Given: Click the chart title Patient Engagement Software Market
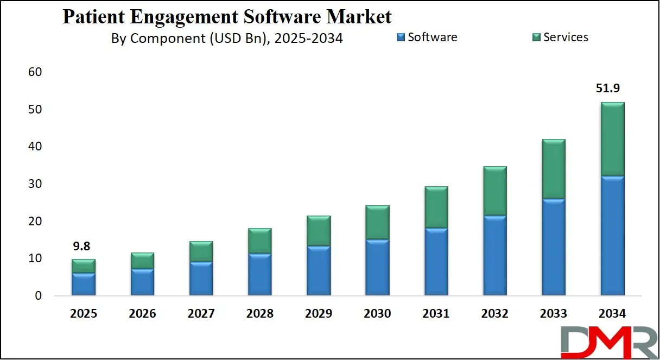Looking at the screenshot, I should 227,17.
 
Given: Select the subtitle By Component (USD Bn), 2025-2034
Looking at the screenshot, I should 227,38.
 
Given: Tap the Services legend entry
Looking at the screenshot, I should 560,37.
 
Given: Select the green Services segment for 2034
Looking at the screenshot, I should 613,139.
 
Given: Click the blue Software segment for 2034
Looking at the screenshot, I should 613,236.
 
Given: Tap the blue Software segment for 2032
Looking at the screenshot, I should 495,256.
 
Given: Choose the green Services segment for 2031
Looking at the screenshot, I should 436,207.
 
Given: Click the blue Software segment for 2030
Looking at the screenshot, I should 377,268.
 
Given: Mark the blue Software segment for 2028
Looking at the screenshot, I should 260,275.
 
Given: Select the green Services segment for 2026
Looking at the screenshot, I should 142,261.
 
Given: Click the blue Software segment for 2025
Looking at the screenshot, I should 84,285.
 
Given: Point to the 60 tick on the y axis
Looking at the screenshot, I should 34,72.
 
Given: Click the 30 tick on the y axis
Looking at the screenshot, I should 34,184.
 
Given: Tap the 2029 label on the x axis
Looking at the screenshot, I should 319,314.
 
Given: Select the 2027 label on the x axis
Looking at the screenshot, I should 201,314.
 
